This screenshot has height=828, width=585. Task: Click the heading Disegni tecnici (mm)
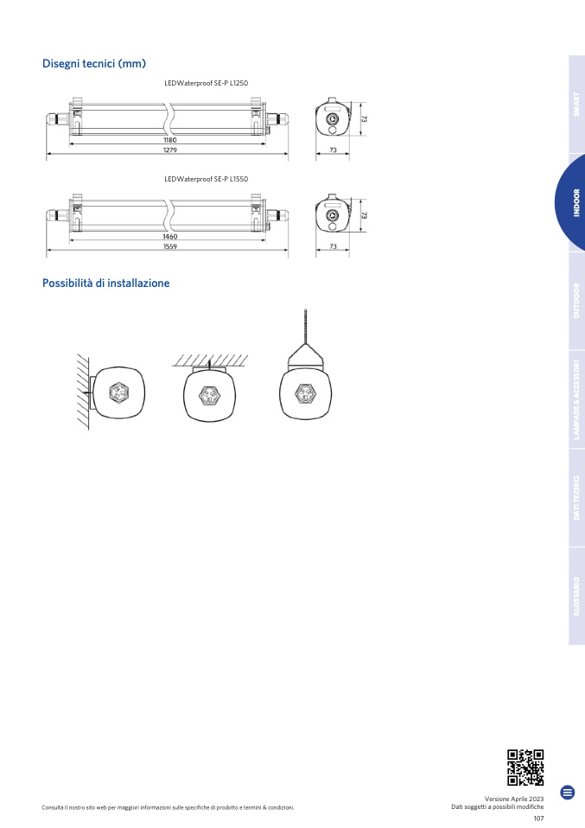[94, 64]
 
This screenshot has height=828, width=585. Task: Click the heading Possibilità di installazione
[105, 283]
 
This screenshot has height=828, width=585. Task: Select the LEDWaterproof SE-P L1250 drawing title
[206, 83]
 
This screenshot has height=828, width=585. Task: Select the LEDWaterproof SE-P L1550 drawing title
[206, 179]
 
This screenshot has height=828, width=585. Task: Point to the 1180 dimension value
[170, 141]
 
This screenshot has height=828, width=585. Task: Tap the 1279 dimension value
[170, 150]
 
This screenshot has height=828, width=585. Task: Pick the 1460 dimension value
[170, 237]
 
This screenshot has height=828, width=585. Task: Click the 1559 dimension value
[170, 246]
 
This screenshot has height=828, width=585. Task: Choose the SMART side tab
[576, 105]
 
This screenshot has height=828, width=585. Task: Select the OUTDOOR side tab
[576, 301]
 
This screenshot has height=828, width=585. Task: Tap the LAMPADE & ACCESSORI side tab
[576, 400]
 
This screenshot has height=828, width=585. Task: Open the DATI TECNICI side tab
[576, 498]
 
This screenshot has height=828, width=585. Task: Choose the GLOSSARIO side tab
[576, 596]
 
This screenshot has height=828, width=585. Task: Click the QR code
[525, 767]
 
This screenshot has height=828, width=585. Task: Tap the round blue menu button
[568, 792]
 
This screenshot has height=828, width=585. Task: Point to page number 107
[538, 818]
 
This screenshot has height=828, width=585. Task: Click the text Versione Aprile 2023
[514, 799]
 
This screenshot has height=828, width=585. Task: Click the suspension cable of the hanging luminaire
[305, 327]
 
